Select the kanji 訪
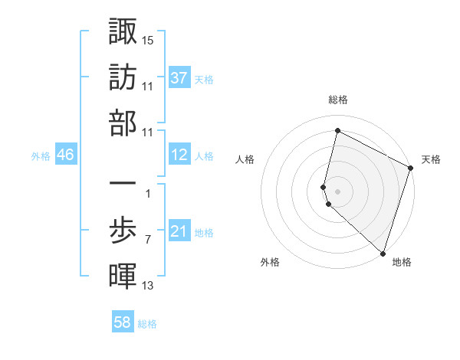[123, 77]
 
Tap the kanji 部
[123, 123]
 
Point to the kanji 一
[123, 185]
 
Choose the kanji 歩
[123, 231]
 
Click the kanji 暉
[123, 275]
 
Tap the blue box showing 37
[179, 77]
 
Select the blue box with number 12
[179, 155]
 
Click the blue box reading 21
[179, 231]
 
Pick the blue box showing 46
[66, 155]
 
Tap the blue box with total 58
[123, 322]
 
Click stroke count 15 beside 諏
[148, 39]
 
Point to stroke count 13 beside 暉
[148, 286]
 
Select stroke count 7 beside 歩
[147, 241]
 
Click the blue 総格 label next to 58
[147, 324]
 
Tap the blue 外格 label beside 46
[41, 155]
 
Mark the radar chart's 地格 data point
[383, 253]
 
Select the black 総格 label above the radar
[338, 100]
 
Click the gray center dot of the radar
[338, 190]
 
